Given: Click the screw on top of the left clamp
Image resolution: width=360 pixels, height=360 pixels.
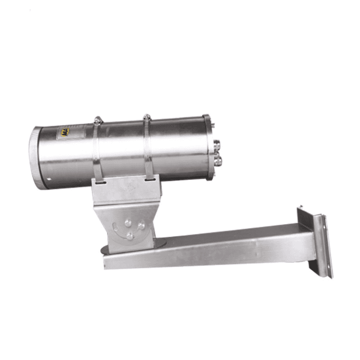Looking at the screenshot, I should click(97, 120).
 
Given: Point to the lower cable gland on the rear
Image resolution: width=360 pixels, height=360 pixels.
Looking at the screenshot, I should click(217, 161).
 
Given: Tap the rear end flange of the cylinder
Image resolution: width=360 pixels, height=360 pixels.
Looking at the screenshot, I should click(207, 146).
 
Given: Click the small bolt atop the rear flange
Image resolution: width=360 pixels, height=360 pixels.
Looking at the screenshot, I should click(213, 125).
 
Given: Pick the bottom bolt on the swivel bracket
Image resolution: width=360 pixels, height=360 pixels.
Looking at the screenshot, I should click(129, 236).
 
